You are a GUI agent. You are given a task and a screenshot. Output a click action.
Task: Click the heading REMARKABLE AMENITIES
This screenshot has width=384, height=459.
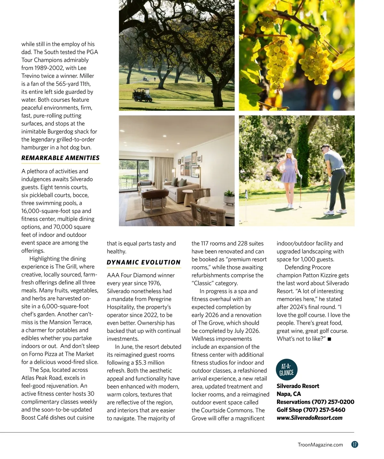60,158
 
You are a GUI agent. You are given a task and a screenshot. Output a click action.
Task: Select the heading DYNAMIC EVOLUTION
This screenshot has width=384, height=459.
144,262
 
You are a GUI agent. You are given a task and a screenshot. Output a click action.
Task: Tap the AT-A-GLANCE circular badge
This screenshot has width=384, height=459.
286,370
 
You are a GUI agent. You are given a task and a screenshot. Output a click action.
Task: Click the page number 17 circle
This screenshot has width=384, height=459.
355,445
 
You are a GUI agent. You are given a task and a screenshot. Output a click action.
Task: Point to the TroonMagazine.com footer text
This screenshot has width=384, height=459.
320,445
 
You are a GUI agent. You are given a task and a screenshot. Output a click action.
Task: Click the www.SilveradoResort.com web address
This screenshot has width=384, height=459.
309,418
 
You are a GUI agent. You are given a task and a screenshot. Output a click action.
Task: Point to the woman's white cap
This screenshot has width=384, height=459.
289,151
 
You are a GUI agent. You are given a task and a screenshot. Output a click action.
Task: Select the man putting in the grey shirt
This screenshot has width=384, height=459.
333,179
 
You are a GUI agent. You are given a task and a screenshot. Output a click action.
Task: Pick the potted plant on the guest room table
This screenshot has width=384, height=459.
229,196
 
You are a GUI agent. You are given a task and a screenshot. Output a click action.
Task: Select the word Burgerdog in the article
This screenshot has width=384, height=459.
60,132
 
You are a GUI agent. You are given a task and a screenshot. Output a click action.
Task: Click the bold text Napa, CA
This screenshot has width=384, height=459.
289,394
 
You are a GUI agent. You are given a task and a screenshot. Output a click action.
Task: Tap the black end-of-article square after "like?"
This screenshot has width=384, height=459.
329,339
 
